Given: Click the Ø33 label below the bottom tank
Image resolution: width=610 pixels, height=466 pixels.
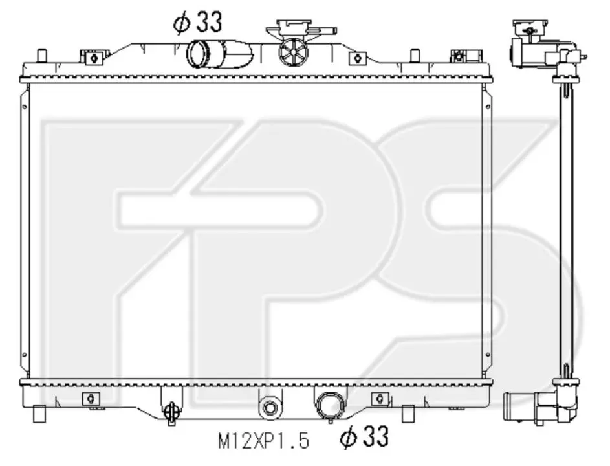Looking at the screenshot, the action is (364, 436).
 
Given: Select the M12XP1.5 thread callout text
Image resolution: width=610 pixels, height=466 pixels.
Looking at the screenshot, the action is (263, 441).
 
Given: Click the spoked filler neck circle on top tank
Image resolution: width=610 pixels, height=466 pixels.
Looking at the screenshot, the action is (293, 51).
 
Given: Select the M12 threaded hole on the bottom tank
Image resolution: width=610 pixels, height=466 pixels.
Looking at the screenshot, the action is (270, 407).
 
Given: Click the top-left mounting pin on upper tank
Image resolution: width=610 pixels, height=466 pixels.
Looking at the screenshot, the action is (41, 55).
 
